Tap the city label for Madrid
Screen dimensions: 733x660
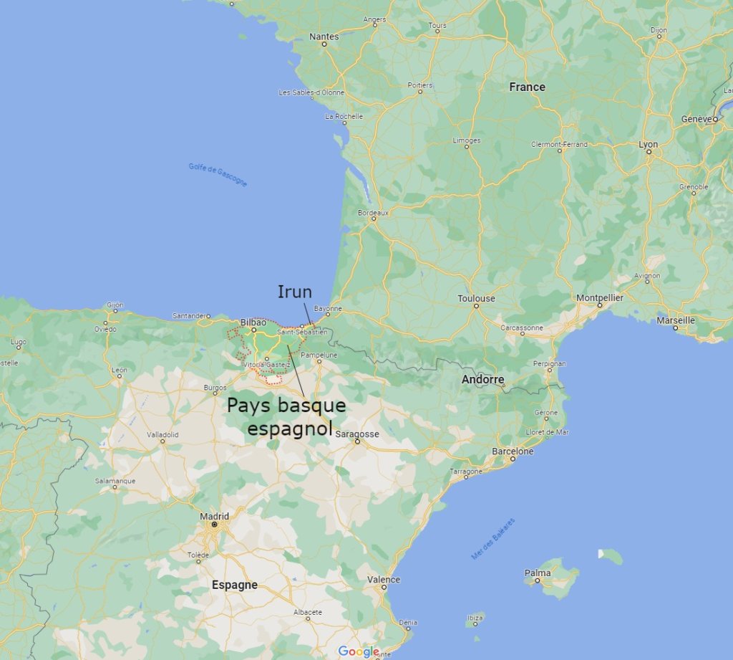pos(214,516)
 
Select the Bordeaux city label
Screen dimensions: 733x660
pos(372,213)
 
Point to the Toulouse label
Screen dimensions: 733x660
pos(477,298)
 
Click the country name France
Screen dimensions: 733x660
pos(527,87)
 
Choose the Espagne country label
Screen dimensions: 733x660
pos(234,585)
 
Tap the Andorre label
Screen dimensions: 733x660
pos(482,379)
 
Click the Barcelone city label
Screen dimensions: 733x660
pos(513,451)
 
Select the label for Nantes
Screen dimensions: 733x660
pos(324,36)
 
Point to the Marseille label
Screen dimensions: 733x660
pos(676,320)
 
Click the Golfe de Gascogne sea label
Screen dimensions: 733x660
pos(218,175)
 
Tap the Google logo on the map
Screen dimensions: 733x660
pos(359,651)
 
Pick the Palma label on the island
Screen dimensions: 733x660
pos(538,573)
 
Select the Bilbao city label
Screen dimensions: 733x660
pos(253,322)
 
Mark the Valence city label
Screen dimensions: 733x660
pos(384,579)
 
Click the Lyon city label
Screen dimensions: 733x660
pos(648,144)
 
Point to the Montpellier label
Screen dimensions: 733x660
pos(600,297)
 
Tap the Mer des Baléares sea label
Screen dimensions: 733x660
pos(493,538)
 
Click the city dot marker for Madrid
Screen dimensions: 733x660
pos(214,525)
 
